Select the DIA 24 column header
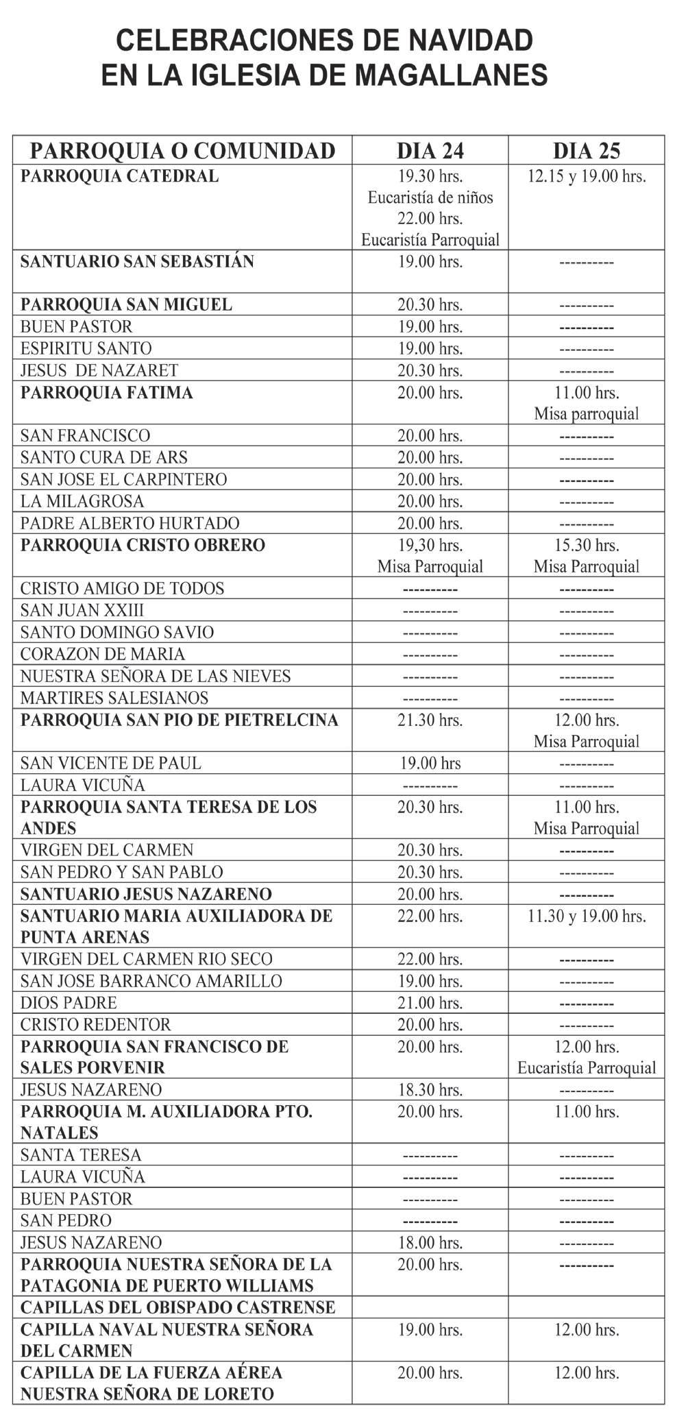(430, 151)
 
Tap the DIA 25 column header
(586, 151)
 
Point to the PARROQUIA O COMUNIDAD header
(182, 151)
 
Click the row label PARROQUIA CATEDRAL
(120, 176)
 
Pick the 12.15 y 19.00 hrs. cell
(587, 176)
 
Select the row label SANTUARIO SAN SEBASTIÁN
(137, 262)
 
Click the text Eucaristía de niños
(430, 198)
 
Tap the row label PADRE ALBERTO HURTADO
(130, 524)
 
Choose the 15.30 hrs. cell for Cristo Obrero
(586, 546)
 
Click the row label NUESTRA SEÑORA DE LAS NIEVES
(156, 677)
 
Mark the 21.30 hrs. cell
(430, 720)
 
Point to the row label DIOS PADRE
(69, 1003)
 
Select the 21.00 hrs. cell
(430, 1003)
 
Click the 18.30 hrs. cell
(430, 1090)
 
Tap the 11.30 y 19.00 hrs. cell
(587, 916)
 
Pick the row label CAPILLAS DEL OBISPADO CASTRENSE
(178, 1307)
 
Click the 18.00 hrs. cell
(430, 1242)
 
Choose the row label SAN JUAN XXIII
(82, 611)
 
